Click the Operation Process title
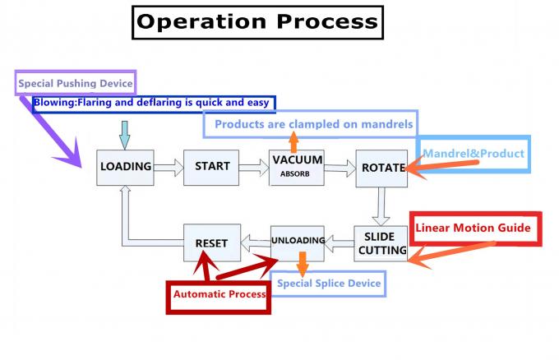256,22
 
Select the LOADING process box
126,167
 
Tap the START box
212,167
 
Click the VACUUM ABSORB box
297,167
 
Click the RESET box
210,243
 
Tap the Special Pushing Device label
75,84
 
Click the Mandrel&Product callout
473,154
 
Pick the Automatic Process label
219,293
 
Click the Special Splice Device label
329,284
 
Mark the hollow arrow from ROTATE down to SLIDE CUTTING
380,206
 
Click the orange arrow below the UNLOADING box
303,263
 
